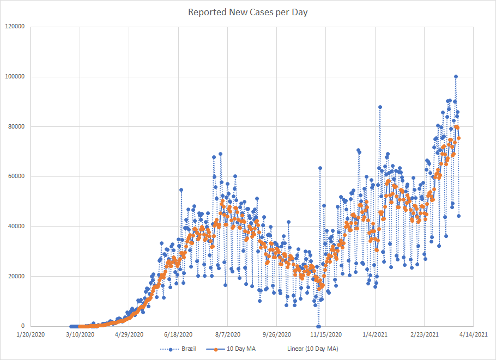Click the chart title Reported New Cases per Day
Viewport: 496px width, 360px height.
pyautogui.click(x=247, y=11)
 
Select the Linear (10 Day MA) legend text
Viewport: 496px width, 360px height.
pyautogui.click(x=312, y=349)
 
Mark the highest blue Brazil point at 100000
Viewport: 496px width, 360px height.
pyautogui.click(x=456, y=77)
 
